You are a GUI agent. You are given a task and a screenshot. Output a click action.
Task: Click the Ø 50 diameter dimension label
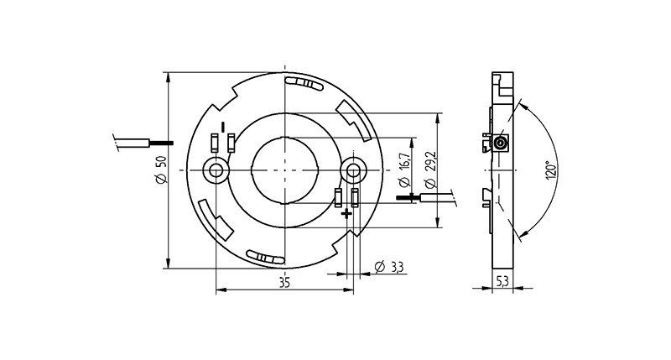(160, 171)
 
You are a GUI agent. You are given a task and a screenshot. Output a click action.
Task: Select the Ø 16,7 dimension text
(406, 171)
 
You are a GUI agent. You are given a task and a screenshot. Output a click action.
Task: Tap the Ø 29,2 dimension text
(431, 170)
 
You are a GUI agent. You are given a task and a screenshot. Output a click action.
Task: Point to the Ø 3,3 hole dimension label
(388, 267)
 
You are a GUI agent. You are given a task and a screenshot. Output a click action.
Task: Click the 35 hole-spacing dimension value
(284, 283)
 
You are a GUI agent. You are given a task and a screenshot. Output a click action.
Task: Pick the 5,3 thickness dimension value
(502, 281)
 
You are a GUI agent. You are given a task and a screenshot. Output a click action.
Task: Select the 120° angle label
(552, 170)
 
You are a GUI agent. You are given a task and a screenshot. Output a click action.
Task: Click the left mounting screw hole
(216, 171)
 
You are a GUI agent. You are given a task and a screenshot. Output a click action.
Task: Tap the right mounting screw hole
(353, 171)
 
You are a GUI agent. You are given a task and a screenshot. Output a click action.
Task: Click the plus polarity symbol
(346, 213)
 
